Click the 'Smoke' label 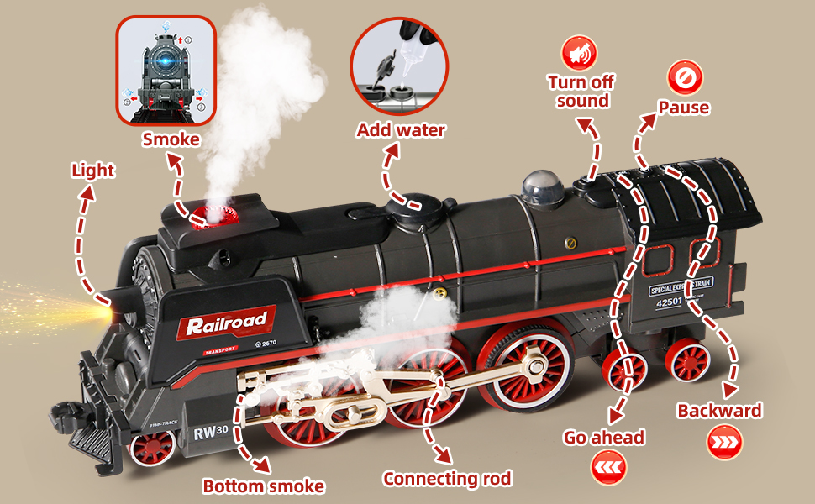point(171,139)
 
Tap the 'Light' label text point(92,171)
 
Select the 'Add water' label point(401,130)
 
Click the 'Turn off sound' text point(580,92)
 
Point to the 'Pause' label point(683,108)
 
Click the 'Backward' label point(719,411)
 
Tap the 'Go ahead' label point(605,437)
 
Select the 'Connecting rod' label point(447,479)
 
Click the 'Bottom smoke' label point(263,486)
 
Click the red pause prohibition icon point(683,77)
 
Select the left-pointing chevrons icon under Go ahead point(608,467)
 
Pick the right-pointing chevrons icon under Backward point(723,442)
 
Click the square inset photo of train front point(166,71)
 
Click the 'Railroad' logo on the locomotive point(226,319)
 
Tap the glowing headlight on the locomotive point(106,311)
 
